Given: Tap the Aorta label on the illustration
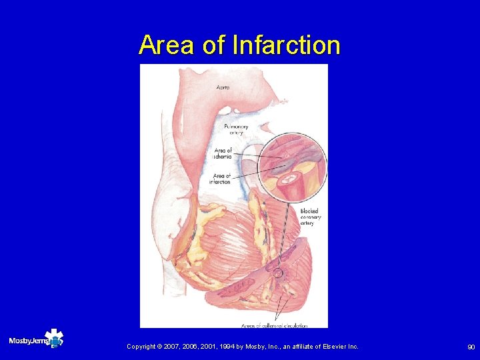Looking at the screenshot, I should tap(225, 87).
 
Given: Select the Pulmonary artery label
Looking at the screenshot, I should tap(236, 129).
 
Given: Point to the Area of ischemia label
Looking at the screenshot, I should tap(222, 153).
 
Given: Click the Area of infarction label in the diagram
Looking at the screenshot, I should tap(220, 178).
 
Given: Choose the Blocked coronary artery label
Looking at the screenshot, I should tap(309, 217).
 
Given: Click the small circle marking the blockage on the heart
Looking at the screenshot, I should tap(278, 273).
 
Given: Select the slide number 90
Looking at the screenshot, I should tap(471, 347).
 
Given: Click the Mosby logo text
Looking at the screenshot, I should tap(26, 341).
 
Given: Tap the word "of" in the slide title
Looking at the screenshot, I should tap(213, 45).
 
